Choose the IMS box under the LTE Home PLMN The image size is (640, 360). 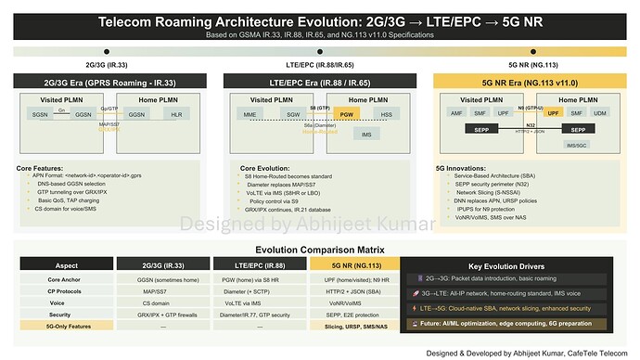click(x=366, y=135)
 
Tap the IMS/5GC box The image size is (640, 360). click(x=576, y=145)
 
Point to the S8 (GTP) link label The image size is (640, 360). click(x=320, y=109)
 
